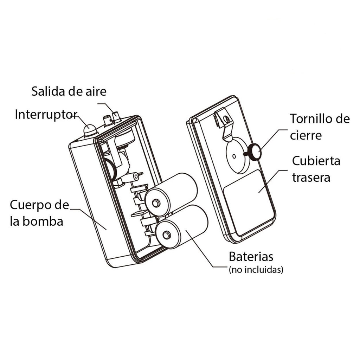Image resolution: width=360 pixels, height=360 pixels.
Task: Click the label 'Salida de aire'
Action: [x=69, y=91]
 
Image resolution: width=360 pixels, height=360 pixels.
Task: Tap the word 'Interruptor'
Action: [x=46, y=114]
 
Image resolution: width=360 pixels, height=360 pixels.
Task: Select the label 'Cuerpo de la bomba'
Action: [x=39, y=213]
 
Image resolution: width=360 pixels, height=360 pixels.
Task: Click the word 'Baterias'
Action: [x=251, y=257]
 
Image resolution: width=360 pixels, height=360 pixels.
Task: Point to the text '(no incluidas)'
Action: [x=256, y=270]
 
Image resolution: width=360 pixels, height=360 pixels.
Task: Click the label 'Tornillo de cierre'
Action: [x=319, y=127]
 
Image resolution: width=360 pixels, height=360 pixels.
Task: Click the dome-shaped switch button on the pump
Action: [x=90, y=130]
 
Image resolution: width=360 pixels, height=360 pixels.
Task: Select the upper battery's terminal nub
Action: [x=155, y=202]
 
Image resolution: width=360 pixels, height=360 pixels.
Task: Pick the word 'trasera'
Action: [x=311, y=177]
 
